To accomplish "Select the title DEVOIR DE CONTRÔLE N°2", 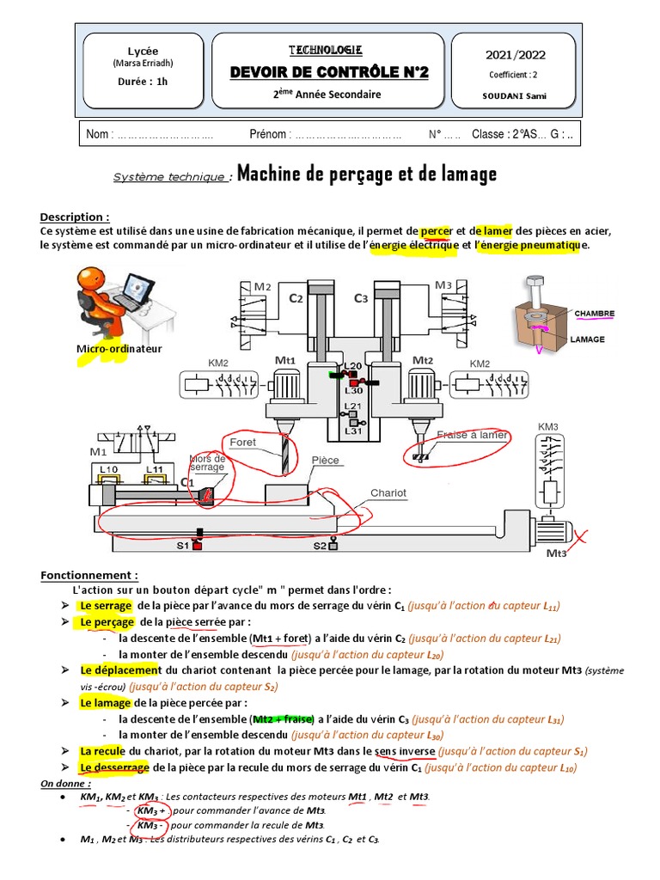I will (329, 73).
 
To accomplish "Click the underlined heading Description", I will (75, 217).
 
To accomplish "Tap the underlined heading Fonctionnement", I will (89, 575).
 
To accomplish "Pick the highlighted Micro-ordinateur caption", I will (119, 349).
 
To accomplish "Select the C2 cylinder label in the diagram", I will (296, 298).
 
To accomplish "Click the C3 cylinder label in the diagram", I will (362, 298).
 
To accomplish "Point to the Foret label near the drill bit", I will (242, 442).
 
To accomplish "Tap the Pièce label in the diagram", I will (326, 460).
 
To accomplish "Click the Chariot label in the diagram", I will (389, 493).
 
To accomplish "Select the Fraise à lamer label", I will (472, 435).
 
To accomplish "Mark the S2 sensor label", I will (319, 545).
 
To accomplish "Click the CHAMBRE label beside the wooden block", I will (594, 314).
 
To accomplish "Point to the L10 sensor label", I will (108, 468).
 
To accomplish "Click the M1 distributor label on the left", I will (100, 449).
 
